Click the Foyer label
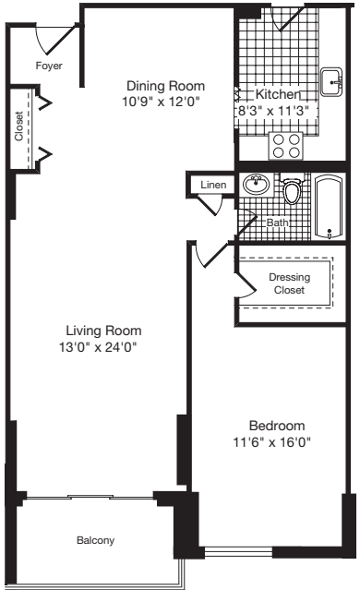[x=49, y=66]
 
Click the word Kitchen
[x=278, y=94]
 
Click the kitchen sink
[x=331, y=81]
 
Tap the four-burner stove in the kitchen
[x=286, y=145]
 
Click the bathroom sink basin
[x=257, y=185]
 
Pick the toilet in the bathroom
[x=294, y=192]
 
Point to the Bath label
[x=277, y=223]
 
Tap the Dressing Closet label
[x=289, y=283]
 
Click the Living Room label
[x=103, y=331]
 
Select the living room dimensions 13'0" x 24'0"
[x=103, y=347]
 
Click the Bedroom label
[x=276, y=426]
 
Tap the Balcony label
[x=96, y=539]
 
